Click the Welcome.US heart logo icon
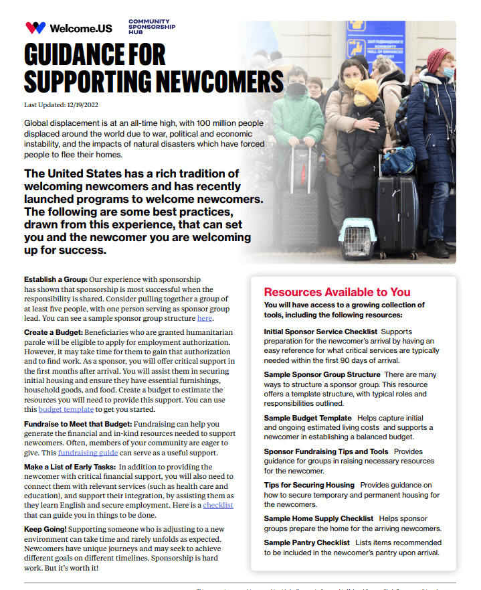click(x=35, y=28)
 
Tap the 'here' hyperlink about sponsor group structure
click(x=205, y=318)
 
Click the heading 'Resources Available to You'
click(x=337, y=292)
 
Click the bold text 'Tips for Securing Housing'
click(x=309, y=485)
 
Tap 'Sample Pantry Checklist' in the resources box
click(x=307, y=542)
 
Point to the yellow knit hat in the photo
click(x=367, y=88)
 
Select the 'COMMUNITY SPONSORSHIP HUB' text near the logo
click(x=152, y=27)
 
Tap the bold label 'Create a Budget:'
click(x=54, y=332)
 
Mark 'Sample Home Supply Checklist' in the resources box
click(x=318, y=518)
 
